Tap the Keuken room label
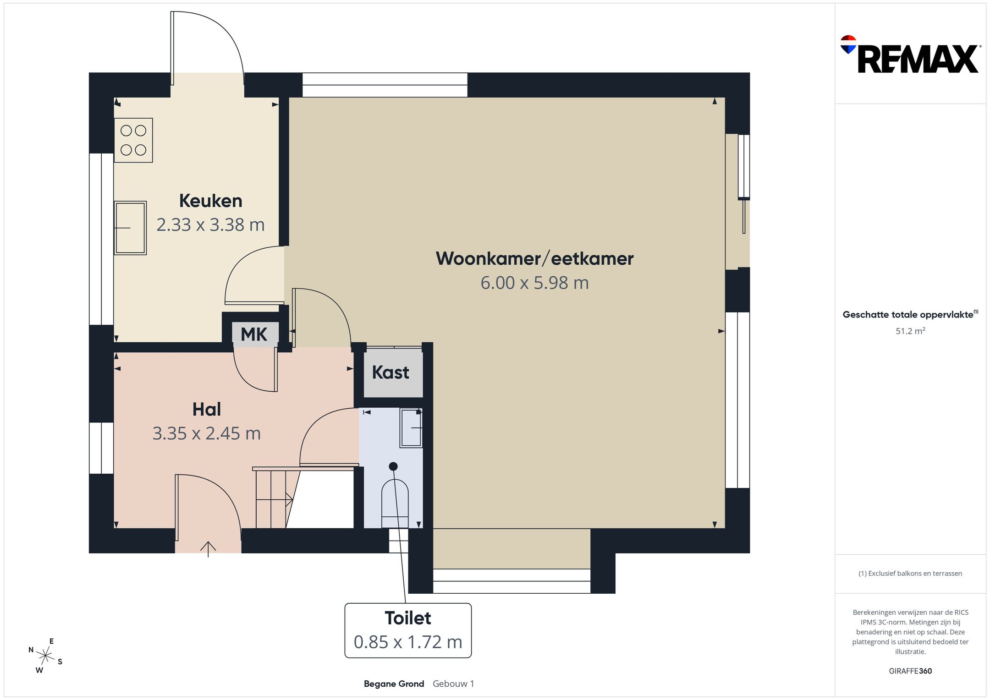[x=210, y=201]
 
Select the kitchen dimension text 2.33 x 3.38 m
[x=210, y=224]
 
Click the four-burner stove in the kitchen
[x=133, y=140]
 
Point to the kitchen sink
[x=130, y=228]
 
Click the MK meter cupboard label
[x=254, y=334]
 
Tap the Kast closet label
[x=390, y=372]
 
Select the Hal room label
[x=207, y=409]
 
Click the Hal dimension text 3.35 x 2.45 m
[x=206, y=433]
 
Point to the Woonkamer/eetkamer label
[x=534, y=259]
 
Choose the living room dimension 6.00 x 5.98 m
[x=534, y=283]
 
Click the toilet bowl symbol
[x=395, y=503]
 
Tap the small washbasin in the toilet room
[x=411, y=428]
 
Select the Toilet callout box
[x=408, y=630]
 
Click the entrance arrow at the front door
[x=208, y=549]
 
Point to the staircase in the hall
[x=303, y=498]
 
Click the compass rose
[x=45, y=656]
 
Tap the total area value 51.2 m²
[x=910, y=331]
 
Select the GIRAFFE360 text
[x=910, y=671]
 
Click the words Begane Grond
[x=394, y=684]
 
